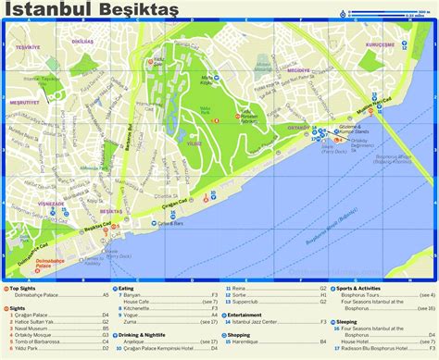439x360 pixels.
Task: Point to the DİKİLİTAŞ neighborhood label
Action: (82, 41)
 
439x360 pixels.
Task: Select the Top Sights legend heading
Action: (26, 288)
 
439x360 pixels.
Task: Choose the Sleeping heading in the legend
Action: (347, 323)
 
